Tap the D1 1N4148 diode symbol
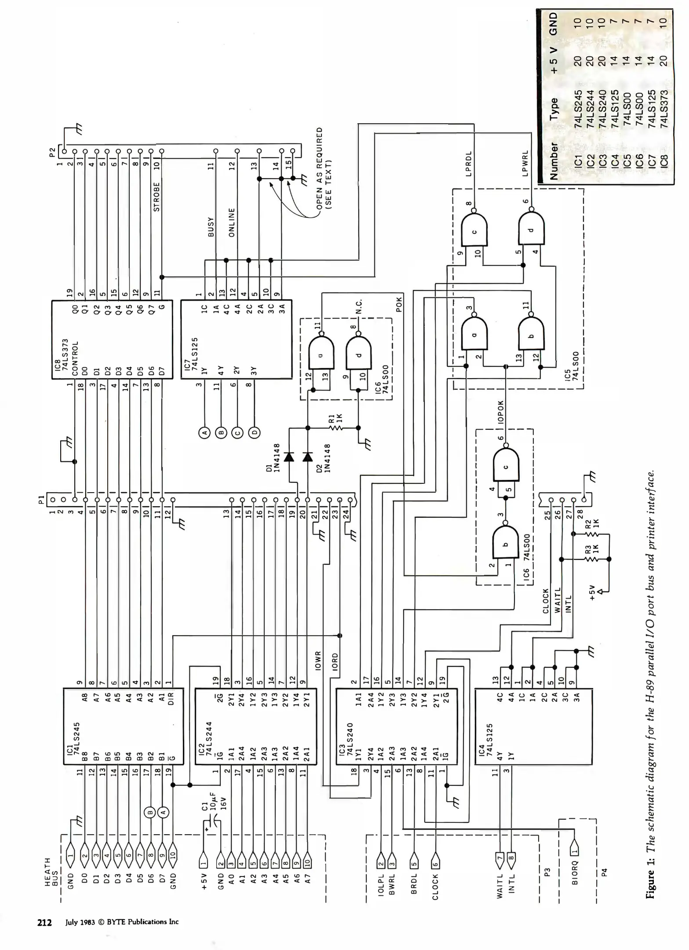click(x=289, y=457)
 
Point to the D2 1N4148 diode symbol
click(x=308, y=457)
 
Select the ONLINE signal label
click(x=232, y=223)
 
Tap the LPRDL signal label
click(x=468, y=164)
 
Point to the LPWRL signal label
click(x=525, y=164)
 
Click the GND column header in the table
click(x=553, y=24)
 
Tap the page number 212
click(x=44, y=922)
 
